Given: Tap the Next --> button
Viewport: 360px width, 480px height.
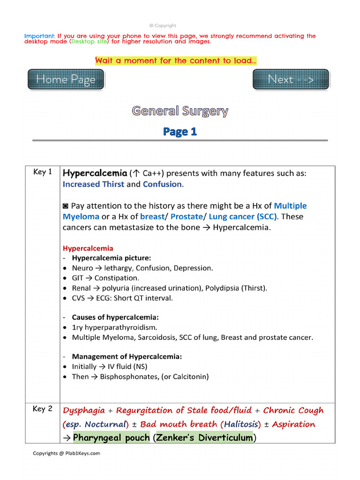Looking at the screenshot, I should coord(291,79).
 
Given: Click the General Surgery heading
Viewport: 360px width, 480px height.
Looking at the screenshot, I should coord(180,111).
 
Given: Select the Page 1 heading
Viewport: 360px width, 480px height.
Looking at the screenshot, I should coord(180,132).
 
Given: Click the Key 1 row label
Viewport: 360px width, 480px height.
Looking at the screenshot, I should coord(43,172).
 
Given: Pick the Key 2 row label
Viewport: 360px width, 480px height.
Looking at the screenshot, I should coord(43,409).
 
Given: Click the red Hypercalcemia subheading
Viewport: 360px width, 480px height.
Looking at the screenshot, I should coord(88,248).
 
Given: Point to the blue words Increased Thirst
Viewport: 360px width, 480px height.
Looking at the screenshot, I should coord(93,184).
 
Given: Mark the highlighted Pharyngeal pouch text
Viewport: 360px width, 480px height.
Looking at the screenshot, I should coord(111,438).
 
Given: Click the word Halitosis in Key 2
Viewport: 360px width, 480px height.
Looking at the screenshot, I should coord(241,424).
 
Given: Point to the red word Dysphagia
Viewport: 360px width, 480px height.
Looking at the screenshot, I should coord(84,410).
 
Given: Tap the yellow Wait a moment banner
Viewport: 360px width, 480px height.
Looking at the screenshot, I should coord(176,60).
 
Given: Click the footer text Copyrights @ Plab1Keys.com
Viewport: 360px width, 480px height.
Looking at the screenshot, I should coord(66,453).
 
